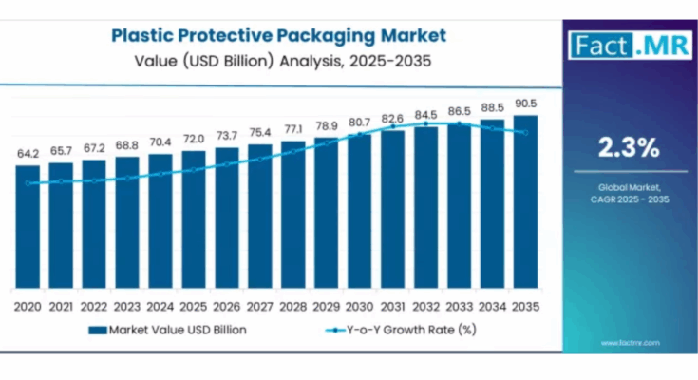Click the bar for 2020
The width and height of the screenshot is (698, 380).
point(28,228)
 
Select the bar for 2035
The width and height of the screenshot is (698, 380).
point(525,204)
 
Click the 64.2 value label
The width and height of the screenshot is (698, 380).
point(28,154)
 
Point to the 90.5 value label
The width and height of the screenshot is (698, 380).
point(525,104)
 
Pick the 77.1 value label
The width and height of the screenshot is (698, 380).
point(293,129)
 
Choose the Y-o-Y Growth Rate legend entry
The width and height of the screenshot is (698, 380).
point(399,330)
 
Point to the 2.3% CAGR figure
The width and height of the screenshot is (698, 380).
point(628,147)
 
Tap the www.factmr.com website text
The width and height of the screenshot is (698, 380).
point(629,342)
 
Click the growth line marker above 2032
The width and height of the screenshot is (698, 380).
point(425,124)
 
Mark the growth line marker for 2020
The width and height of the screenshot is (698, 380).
point(28,183)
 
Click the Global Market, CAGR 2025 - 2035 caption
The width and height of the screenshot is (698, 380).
point(628,194)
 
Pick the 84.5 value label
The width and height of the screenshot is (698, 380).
point(425,115)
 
